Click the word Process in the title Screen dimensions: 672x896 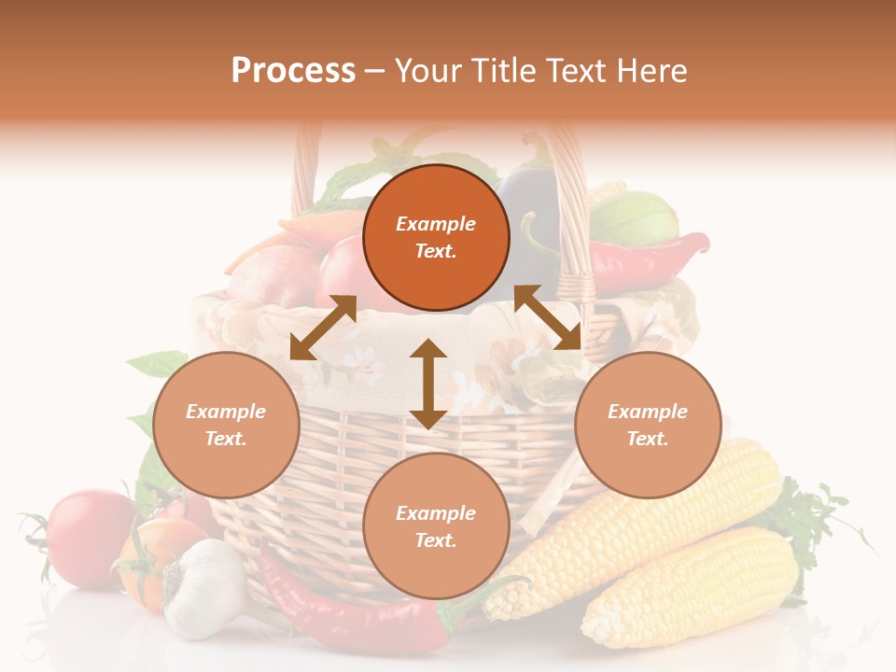click(293, 71)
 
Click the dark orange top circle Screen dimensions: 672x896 click(436, 237)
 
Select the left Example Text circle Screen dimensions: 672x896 click(226, 425)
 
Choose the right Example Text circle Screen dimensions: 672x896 click(648, 425)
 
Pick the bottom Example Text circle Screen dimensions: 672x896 click(436, 526)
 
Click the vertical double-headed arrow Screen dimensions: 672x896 click(428, 384)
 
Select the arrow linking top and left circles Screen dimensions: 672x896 click(323, 328)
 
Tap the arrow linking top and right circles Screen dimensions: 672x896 click(548, 317)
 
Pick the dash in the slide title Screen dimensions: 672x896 click(375, 72)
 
